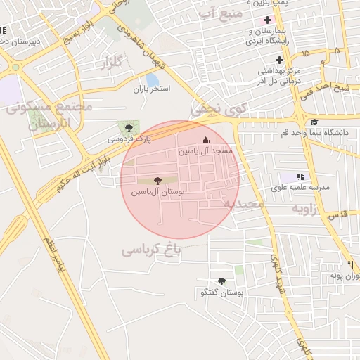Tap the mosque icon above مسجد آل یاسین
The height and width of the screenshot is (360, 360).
click(x=205, y=140)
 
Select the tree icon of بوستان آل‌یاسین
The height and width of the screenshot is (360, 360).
click(x=156, y=181)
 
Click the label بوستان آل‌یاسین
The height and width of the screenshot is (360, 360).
click(x=156, y=192)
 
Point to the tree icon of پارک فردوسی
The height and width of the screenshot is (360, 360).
click(x=128, y=127)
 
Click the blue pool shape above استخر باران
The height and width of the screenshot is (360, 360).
click(x=152, y=79)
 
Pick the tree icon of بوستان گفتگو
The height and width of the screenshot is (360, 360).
click(x=222, y=281)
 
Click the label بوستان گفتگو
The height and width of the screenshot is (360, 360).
click(x=222, y=292)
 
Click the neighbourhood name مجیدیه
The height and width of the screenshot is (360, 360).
click(x=243, y=204)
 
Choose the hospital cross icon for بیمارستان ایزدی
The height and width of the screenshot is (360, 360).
click(x=266, y=18)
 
